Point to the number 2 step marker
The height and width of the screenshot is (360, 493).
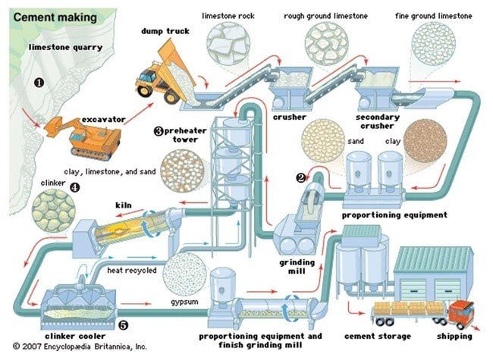tap(300, 178)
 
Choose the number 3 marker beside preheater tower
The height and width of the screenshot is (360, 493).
tap(159, 130)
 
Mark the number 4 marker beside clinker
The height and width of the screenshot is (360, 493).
tap(73, 186)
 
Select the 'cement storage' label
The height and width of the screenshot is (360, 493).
tap(377, 336)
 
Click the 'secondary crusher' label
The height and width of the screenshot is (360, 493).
tap(377, 122)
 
